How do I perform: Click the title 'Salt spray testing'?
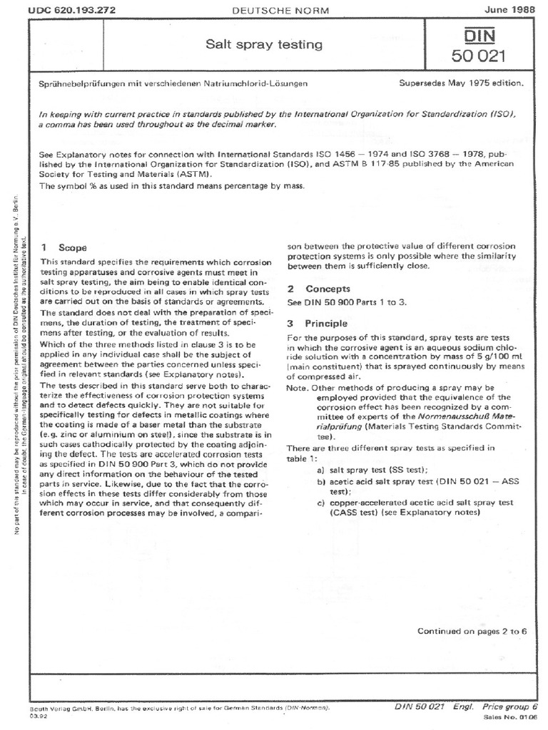point(264,45)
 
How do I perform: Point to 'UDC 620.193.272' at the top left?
point(64,9)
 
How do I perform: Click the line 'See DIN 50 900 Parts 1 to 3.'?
point(346,302)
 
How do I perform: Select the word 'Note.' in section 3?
point(299,387)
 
